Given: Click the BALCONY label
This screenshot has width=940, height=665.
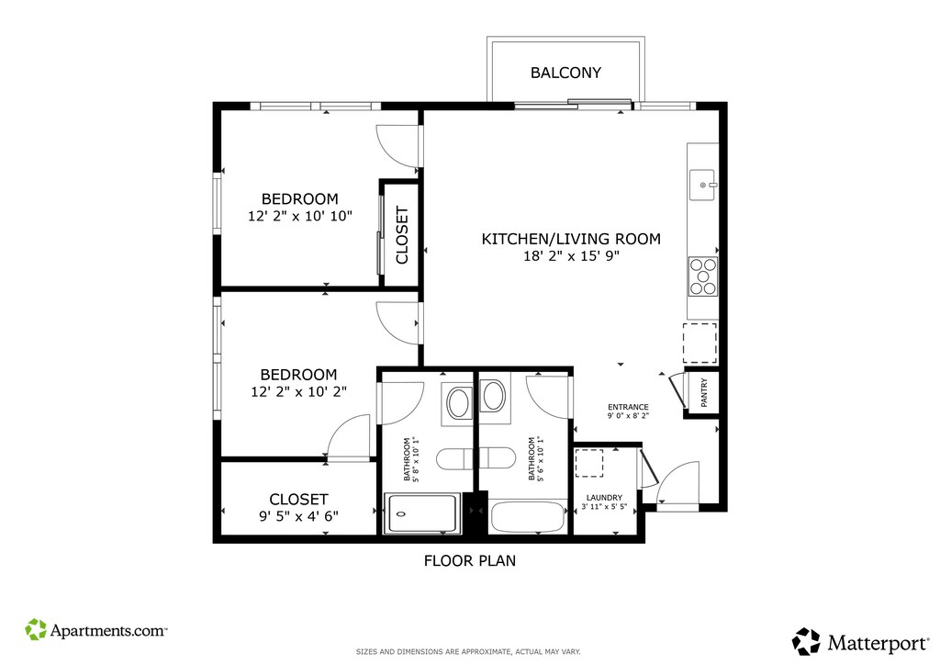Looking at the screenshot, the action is point(565,73).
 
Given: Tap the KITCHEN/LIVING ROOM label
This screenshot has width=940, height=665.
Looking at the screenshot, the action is point(571,239).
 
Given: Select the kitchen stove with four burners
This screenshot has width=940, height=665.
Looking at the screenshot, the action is point(702,276).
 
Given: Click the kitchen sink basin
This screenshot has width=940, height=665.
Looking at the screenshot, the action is point(703,186).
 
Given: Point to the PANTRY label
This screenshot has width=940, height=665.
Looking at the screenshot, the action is point(704,393).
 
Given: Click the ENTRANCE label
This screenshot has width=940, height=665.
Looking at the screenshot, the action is point(628,407).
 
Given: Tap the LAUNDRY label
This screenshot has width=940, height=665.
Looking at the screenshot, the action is point(604,498).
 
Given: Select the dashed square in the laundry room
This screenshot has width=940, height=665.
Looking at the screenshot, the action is point(589,463).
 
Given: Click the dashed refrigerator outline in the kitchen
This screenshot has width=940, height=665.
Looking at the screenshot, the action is point(699,343).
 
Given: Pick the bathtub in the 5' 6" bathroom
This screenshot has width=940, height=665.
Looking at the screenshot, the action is point(528,517).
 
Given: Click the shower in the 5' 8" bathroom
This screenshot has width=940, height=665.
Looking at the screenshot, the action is point(422,513).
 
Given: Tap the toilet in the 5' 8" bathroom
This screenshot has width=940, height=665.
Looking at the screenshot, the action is point(453,458).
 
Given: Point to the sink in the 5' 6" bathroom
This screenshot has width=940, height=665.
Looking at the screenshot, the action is point(493,396).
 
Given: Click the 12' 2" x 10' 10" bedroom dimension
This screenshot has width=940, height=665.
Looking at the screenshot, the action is point(300,216).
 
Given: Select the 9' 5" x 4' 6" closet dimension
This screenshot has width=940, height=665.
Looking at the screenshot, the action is point(298,515).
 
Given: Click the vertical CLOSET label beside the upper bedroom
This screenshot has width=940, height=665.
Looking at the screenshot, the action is point(402,235).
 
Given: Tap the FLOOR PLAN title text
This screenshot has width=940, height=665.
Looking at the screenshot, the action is point(470,560).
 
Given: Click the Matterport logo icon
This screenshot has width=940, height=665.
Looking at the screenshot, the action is point(806,641).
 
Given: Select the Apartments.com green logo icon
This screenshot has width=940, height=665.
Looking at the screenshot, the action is point(36,629).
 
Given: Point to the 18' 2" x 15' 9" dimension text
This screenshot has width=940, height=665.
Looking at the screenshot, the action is point(571,256).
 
